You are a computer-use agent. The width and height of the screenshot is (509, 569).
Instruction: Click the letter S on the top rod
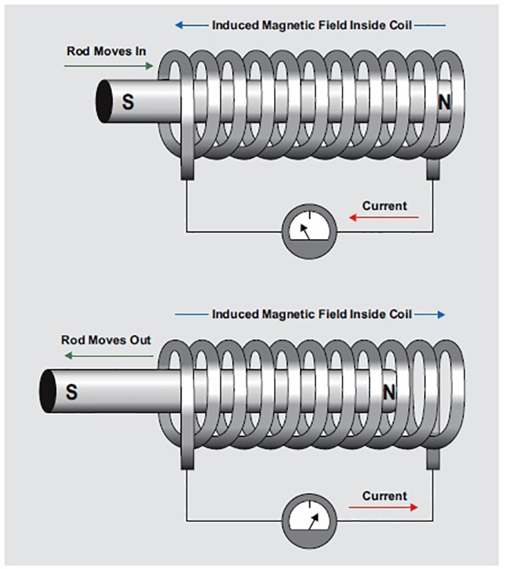click(x=128, y=102)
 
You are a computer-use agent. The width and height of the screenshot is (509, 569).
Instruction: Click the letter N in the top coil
click(x=444, y=102)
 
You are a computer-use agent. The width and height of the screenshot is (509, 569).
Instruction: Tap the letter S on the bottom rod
click(x=71, y=392)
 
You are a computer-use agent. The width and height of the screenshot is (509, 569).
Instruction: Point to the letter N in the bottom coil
click(x=390, y=392)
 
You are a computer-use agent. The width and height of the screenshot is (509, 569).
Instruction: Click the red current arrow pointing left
click(x=384, y=218)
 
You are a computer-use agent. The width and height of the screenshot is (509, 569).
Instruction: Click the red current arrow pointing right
click(x=383, y=508)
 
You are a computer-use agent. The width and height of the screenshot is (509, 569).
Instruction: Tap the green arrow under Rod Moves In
click(x=109, y=66)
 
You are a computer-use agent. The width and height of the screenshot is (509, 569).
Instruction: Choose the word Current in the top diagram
click(x=385, y=205)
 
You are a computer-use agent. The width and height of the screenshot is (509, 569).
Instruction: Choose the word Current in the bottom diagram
click(x=385, y=495)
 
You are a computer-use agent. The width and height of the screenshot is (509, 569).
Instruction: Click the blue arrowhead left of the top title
click(x=179, y=26)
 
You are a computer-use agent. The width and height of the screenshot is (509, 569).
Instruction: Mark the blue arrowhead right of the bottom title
click(x=440, y=314)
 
